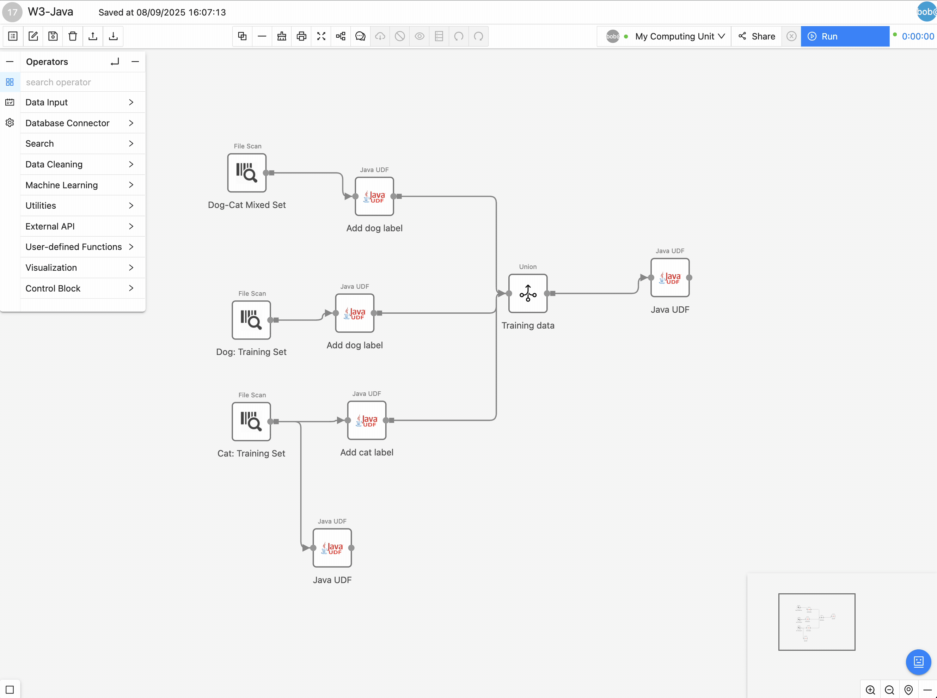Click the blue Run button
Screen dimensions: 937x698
click(845, 36)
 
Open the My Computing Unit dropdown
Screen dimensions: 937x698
click(680, 36)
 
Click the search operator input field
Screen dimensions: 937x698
click(82, 82)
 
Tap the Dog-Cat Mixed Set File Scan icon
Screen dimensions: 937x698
click(247, 173)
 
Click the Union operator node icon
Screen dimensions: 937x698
click(528, 293)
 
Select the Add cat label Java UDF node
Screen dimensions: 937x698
click(367, 421)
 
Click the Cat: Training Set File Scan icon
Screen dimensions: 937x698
click(251, 422)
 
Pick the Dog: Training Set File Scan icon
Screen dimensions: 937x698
click(251, 320)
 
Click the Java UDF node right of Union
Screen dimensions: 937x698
click(670, 277)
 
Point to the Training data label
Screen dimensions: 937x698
click(528, 325)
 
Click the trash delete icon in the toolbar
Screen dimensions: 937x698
click(73, 36)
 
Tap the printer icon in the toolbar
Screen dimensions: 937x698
click(301, 36)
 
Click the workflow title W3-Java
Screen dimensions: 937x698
click(51, 12)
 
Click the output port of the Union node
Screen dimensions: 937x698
click(547, 293)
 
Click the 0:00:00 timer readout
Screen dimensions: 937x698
click(918, 36)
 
